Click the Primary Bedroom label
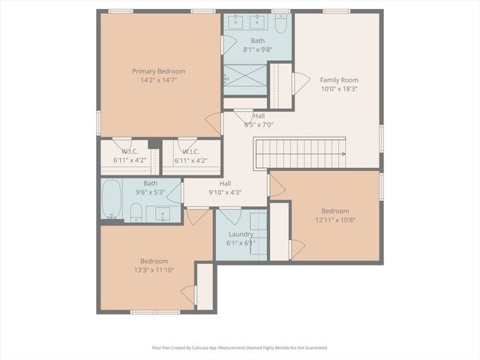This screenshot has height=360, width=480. click(158, 71)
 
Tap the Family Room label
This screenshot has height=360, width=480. click(339, 79)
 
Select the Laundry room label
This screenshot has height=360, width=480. click(241, 234)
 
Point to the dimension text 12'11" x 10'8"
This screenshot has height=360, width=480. click(334, 220)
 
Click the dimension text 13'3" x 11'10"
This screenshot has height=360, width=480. click(157, 270)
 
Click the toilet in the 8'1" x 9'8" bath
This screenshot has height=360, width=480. click(280, 25)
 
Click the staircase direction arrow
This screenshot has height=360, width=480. click(342, 153)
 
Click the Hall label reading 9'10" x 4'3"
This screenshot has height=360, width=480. click(225, 184)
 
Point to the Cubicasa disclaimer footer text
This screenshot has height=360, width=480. click(240, 348)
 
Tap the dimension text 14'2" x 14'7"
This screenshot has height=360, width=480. click(158, 80)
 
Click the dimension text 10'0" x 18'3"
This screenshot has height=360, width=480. click(339, 88)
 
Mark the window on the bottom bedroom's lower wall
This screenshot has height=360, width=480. click(155, 311)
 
